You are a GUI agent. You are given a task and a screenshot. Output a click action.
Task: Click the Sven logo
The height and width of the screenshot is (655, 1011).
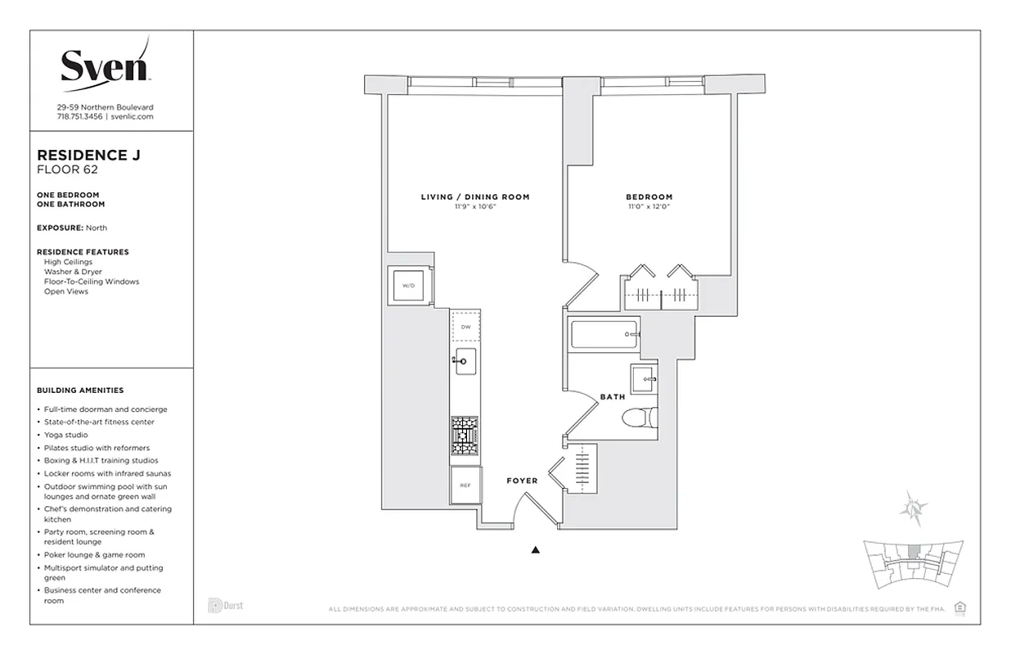pos(105,65)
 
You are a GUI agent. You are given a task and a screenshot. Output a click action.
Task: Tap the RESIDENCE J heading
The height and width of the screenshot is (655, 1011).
pos(83,155)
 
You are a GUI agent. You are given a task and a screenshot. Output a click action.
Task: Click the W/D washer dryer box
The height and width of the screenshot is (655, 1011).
pos(407,286)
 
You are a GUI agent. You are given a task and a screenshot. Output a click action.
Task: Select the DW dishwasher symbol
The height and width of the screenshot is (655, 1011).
pos(465,327)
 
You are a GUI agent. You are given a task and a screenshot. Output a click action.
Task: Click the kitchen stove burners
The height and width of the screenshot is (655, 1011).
pos(465,435)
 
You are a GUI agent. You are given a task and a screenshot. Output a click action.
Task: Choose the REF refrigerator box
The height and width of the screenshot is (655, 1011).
pos(465,486)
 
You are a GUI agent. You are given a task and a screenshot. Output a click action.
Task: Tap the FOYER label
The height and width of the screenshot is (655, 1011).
pos(522,481)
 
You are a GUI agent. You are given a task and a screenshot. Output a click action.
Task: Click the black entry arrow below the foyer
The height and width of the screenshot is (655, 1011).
pos(536,550)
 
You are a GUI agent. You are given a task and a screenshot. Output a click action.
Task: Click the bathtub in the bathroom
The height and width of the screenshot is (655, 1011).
pos(604,334)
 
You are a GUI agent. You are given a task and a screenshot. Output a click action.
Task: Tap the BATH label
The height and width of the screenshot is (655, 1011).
pos(612,397)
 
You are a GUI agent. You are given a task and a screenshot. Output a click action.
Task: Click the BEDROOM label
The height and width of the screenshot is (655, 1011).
pos(649,197)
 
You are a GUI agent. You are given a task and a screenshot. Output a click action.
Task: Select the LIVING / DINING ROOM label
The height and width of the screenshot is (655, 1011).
pos(475,197)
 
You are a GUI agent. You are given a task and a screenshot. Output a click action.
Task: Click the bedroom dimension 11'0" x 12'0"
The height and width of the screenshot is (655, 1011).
pos(649,207)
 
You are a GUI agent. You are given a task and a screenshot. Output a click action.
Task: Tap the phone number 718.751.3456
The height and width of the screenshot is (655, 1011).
pos(79,117)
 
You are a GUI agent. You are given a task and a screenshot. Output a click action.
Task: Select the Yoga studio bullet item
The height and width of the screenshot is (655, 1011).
pos(65,435)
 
